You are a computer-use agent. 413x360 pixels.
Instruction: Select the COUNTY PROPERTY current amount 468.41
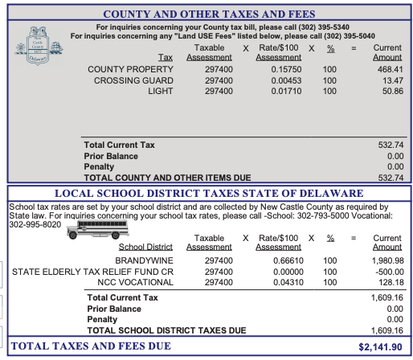pos(387,70)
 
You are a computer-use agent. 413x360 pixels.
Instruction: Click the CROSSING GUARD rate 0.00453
pos(278,80)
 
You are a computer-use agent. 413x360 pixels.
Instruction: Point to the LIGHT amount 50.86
pos(389,92)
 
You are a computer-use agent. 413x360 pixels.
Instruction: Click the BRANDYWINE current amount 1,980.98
pos(383,261)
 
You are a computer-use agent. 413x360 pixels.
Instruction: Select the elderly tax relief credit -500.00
pos(386,272)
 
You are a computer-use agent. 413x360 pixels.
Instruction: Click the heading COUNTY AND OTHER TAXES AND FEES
pos(209,14)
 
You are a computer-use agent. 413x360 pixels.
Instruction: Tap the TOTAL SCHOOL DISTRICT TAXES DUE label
pos(166,329)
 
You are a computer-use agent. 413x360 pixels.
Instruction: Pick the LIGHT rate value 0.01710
pos(278,92)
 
